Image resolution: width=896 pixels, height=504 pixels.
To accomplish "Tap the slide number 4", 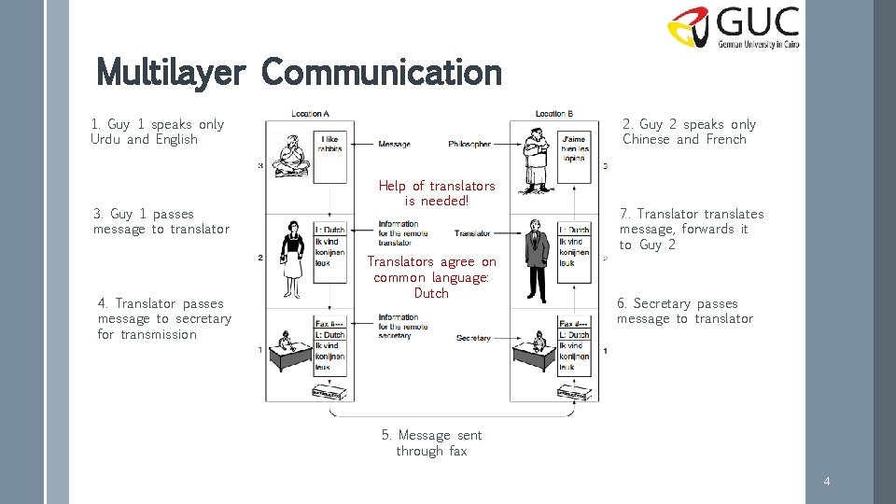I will (826, 481).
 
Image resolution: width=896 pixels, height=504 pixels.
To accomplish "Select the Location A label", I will (310, 114).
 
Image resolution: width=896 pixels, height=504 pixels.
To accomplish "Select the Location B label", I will (554, 114).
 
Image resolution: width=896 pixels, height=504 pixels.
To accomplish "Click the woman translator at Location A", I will (292, 253).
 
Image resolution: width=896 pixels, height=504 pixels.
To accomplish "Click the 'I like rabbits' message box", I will (329, 144).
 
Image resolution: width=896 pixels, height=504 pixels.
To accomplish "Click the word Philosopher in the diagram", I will (469, 145).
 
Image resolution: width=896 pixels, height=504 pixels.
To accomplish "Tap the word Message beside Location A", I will (394, 145).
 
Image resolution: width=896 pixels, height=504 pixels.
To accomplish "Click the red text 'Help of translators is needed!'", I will (436, 193).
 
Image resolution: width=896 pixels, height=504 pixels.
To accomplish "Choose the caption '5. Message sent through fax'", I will (431, 442).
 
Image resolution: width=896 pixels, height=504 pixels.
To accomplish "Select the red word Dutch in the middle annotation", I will (431, 293).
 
